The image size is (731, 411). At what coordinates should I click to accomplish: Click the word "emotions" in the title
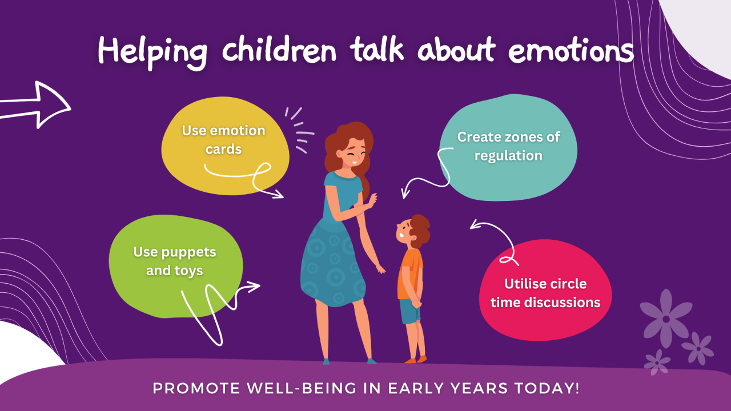pyautogui.click(x=571, y=52)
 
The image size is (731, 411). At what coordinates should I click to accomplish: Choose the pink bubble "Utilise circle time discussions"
pyautogui.click(x=545, y=293)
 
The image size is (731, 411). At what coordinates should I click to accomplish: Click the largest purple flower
pyautogui.click(x=666, y=317)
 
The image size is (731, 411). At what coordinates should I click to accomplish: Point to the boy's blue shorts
pyautogui.click(x=409, y=311)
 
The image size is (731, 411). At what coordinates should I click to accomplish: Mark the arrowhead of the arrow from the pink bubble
pyautogui.click(x=473, y=225)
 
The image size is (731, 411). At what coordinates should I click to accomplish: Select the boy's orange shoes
pyautogui.click(x=416, y=360)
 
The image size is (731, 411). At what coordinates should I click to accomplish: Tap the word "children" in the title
pyautogui.click(x=279, y=52)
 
